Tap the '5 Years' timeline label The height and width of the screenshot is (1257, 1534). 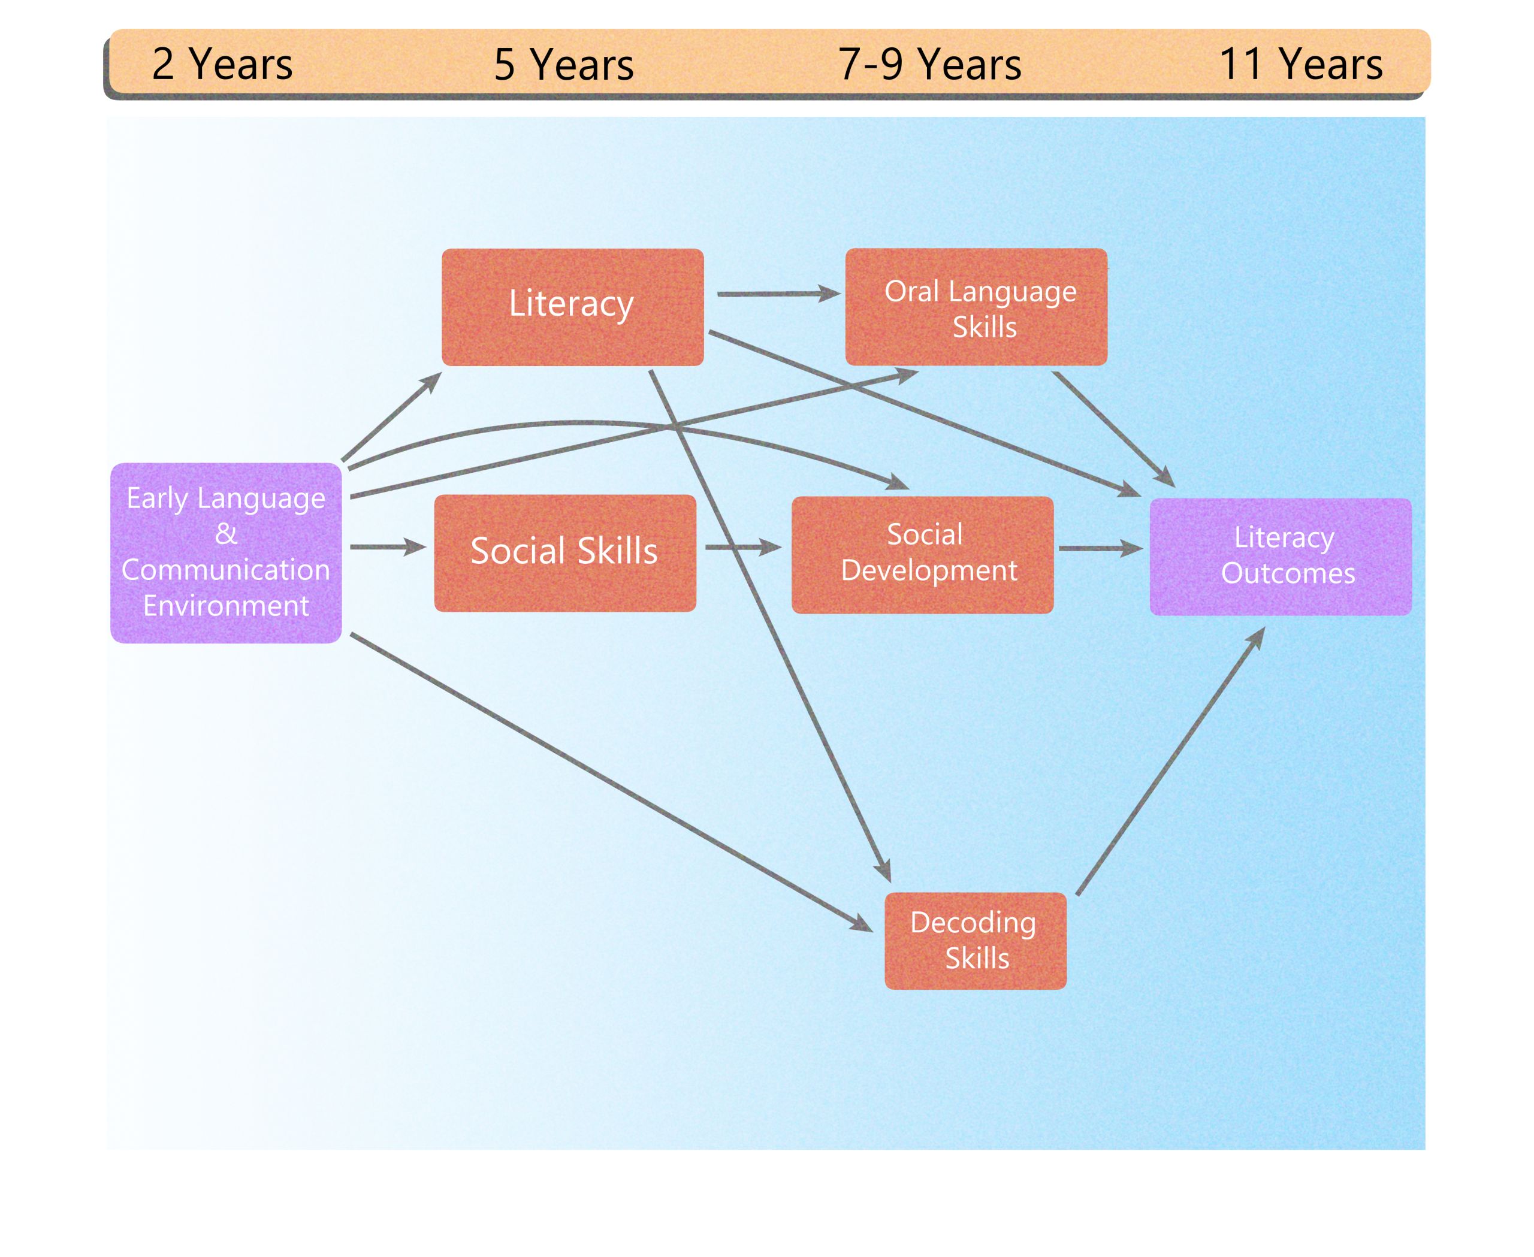[x=563, y=65]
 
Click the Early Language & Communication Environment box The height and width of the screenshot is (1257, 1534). [x=225, y=552]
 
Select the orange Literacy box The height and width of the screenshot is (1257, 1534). [x=572, y=306]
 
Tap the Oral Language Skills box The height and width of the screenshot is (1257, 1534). [x=976, y=306]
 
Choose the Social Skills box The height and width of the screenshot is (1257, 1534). [x=564, y=552]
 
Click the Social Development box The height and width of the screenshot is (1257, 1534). [x=922, y=555]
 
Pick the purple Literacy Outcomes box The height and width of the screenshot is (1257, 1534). [x=1280, y=556]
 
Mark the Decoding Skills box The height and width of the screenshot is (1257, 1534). [x=975, y=940]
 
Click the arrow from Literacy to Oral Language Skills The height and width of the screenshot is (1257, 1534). [x=777, y=294]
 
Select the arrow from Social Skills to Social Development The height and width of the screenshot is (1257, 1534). [x=742, y=548]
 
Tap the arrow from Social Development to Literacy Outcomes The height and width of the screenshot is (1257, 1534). [x=1100, y=548]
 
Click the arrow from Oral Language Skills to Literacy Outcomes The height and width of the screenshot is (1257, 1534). [x=1112, y=428]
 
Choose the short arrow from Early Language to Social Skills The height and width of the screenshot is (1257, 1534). [x=386, y=546]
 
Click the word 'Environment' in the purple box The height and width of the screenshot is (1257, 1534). [x=225, y=605]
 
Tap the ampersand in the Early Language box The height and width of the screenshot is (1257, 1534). [x=225, y=534]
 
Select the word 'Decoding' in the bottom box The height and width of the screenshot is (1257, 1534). [x=973, y=923]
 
